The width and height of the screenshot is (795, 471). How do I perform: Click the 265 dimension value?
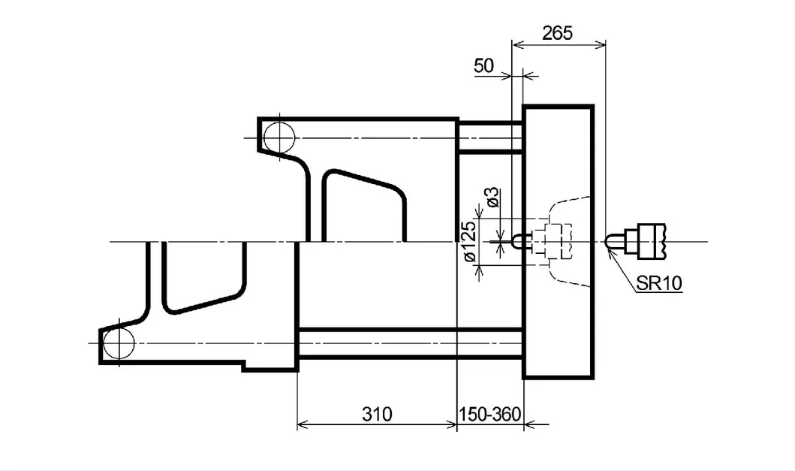coord(557,33)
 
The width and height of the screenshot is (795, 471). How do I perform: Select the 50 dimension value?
coord(483,65)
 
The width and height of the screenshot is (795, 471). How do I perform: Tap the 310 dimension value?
coord(377,414)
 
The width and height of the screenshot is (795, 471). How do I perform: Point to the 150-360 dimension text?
coord(489,414)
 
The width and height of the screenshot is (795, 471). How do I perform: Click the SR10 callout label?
coord(659,282)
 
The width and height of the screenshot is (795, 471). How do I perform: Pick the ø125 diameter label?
coord(470,241)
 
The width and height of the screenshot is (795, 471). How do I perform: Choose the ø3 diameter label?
coord(492,198)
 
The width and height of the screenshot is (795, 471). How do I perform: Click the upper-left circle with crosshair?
coord(279,137)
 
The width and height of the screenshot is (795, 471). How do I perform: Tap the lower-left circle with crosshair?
coord(119,343)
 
